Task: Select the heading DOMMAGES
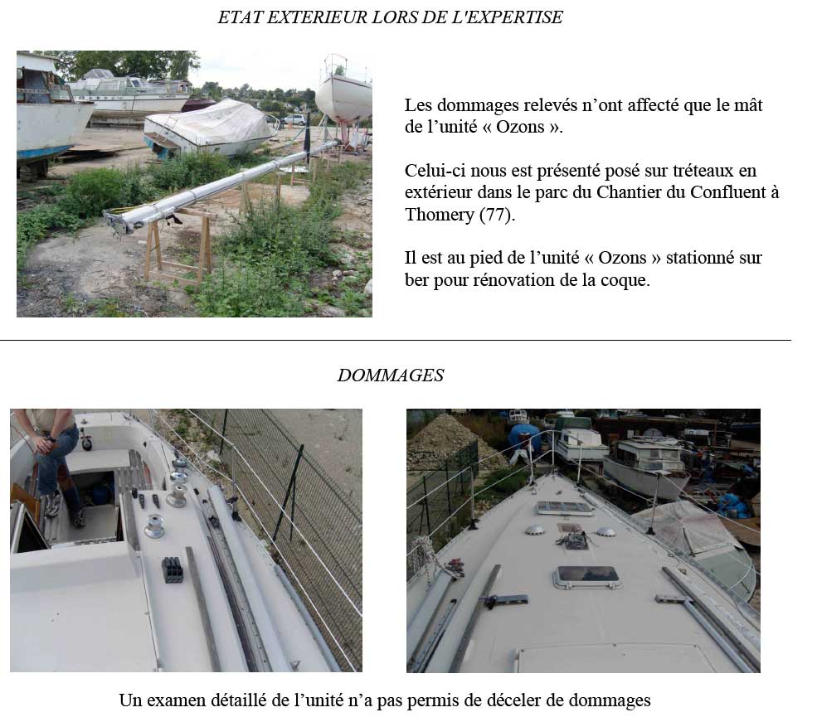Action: pyautogui.click(x=391, y=375)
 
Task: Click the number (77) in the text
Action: pyautogui.click(x=497, y=215)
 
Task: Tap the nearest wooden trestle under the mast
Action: pyautogui.click(x=178, y=245)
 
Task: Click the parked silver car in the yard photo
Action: pyautogui.click(x=294, y=119)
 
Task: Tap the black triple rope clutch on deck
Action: pyautogui.click(x=172, y=569)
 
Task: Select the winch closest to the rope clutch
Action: pyautogui.click(x=155, y=526)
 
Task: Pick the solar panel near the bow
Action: pyautogui.click(x=565, y=507)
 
